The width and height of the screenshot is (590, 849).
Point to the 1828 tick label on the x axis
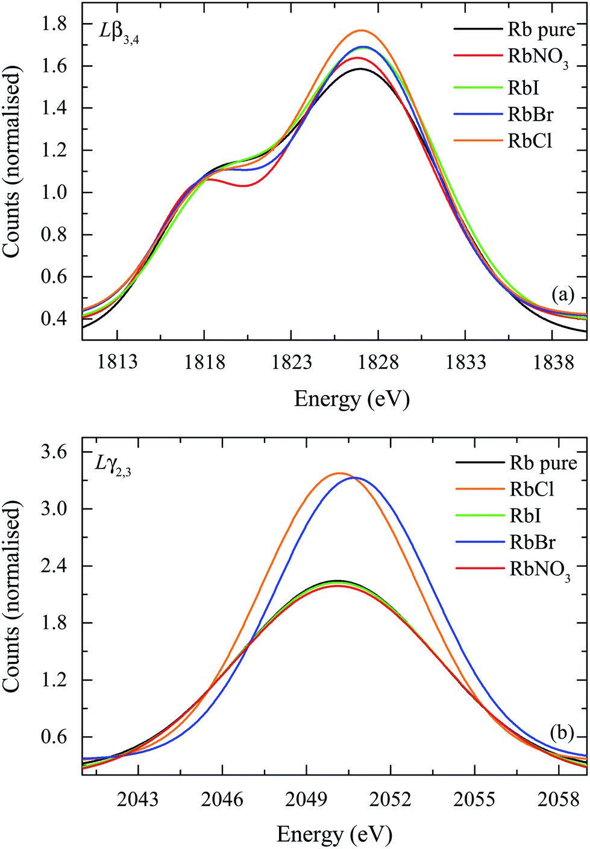(x=378, y=362)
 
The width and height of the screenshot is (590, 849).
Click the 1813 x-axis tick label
(x=117, y=362)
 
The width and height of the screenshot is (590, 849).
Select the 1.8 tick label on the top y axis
(x=54, y=24)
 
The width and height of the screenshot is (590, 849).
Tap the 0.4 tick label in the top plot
(x=54, y=319)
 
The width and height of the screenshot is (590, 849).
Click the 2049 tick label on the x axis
(x=307, y=800)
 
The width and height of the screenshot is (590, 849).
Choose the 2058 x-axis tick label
(x=559, y=800)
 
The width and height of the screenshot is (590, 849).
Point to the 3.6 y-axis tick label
(x=54, y=452)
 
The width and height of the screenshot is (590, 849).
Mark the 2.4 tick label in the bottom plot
(x=54, y=566)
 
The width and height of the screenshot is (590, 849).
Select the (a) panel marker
(x=563, y=294)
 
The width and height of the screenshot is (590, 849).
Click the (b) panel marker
(x=562, y=732)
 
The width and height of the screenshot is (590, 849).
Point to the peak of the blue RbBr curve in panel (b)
(x=356, y=478)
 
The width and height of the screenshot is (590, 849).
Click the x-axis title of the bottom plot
(x=334, y=835)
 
